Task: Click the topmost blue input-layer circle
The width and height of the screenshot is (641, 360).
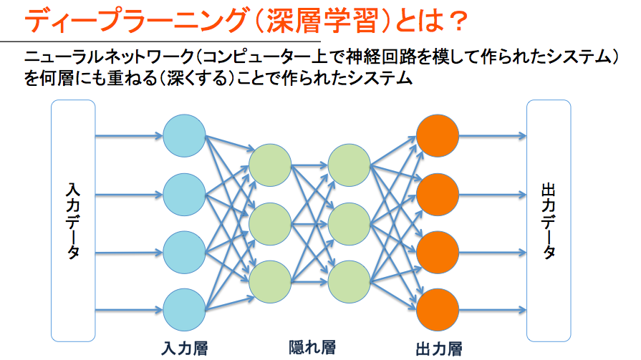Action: [184, 136]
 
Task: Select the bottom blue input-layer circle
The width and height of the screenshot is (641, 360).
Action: [184, 310]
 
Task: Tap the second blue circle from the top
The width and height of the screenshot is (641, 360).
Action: [184, 195]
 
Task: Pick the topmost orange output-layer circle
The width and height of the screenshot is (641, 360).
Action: [438, 136]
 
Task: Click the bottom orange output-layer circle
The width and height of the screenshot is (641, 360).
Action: [438, 310]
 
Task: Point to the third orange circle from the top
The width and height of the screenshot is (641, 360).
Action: [438, 252]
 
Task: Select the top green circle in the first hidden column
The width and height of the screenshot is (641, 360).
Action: [270, 165]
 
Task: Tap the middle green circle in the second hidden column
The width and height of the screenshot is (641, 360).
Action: [349, 224]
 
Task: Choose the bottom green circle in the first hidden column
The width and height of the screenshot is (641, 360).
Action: [270, 282]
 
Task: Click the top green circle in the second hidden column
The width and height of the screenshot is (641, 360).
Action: [349, 165]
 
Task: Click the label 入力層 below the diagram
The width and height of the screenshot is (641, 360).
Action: [185, 349]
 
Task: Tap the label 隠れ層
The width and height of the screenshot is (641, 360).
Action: [312, 347]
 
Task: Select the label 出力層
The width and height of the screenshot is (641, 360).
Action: [439, 349]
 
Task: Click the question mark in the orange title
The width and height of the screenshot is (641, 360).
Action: [455, 21]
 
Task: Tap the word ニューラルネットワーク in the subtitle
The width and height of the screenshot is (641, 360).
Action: [109, 57]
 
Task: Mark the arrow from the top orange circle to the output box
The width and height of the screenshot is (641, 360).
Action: [493, 136]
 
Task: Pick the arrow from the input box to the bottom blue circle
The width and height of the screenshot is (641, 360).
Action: [129, 310]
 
